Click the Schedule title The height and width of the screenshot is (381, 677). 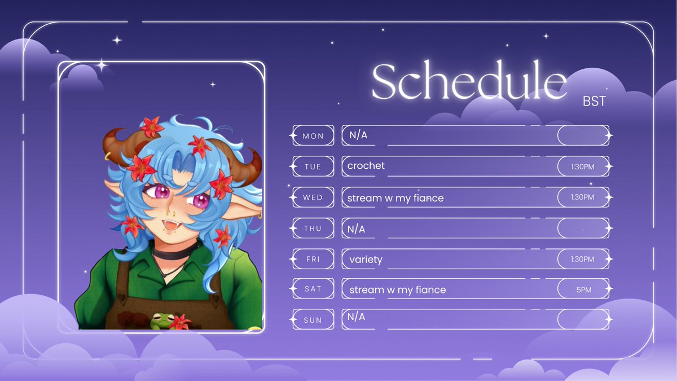[x=468, y=82]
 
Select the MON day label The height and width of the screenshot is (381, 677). [x=313, y=136]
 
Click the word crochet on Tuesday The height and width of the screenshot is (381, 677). [x=366, y=166]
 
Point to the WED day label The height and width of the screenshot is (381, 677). [x=313, y=198]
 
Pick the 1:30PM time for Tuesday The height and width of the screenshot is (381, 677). [x=583, y=167]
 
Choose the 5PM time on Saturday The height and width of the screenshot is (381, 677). [x=583, y=290]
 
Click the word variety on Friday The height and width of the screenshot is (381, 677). [x=366, y=260]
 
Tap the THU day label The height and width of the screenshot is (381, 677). [x=313, y=229]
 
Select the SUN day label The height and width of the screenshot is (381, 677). [x=313, y=320]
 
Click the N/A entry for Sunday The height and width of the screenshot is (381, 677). [x=357, y=317]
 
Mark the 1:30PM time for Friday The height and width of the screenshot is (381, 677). [x=583, y=260]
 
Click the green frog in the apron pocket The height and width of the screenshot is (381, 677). [x=161, y=320]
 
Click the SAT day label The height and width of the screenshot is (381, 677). [x=313, y=289]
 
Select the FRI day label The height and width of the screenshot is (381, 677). [x=313, y=260]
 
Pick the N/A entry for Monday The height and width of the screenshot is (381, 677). [x=358, y=135]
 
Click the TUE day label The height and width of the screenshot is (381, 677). [x=313, y=167]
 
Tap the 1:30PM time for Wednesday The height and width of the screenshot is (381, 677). [x=583, y=198]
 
